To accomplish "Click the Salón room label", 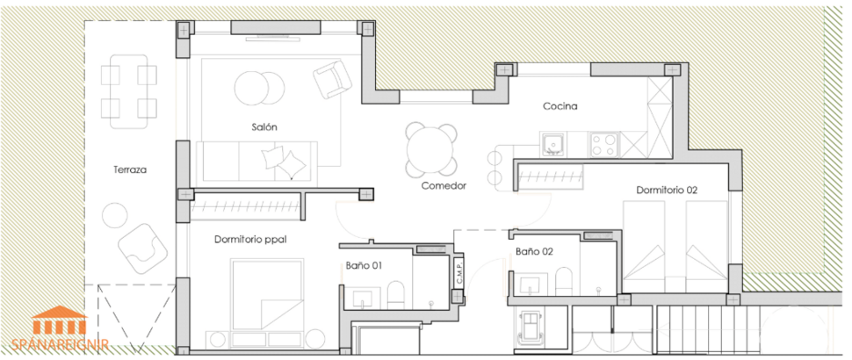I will point(264,127).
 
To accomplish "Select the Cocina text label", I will point(560,107).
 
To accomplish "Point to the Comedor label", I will point(443,186).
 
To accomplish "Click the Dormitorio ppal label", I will point(250,239).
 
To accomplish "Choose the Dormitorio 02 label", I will point(667,190).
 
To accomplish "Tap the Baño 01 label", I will point(363,264).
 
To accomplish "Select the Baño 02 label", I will point(534,252).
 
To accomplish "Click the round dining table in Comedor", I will point(431,149).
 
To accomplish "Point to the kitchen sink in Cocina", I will point(552,142).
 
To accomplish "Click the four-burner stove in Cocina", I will point(604,142).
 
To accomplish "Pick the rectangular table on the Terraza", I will point(128,91).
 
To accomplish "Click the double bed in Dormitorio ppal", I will point(267,294).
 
